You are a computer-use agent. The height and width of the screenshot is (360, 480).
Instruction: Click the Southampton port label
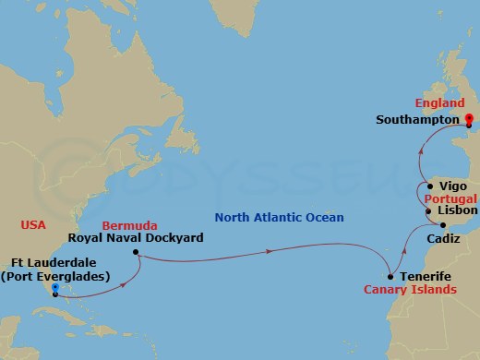417,119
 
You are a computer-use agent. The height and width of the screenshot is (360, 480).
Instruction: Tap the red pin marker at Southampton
469,119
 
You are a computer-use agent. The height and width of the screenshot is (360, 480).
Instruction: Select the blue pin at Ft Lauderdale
55,290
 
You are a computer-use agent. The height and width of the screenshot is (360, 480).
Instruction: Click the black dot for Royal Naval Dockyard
135,252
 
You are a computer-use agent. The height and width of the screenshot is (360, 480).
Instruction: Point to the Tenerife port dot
390,276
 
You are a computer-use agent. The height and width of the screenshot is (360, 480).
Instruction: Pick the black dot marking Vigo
430,186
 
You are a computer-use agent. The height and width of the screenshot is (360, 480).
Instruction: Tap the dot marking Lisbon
428,211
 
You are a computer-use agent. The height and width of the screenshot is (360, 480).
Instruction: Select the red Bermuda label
126,225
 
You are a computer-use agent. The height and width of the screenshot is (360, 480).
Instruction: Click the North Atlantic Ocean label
278,218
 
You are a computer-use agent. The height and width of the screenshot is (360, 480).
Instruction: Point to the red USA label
33,224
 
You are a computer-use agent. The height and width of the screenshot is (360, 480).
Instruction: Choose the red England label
439,103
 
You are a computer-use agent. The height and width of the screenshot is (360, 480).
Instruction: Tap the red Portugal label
450,198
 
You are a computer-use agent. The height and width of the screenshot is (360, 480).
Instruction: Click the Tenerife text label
426,276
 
